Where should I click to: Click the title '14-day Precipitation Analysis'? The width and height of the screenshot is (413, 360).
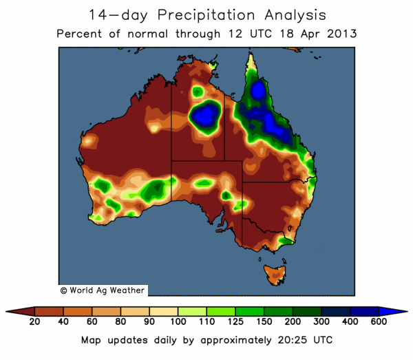(x=207, y=14)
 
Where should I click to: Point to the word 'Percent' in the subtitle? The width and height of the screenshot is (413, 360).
(x=80, y=33)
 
